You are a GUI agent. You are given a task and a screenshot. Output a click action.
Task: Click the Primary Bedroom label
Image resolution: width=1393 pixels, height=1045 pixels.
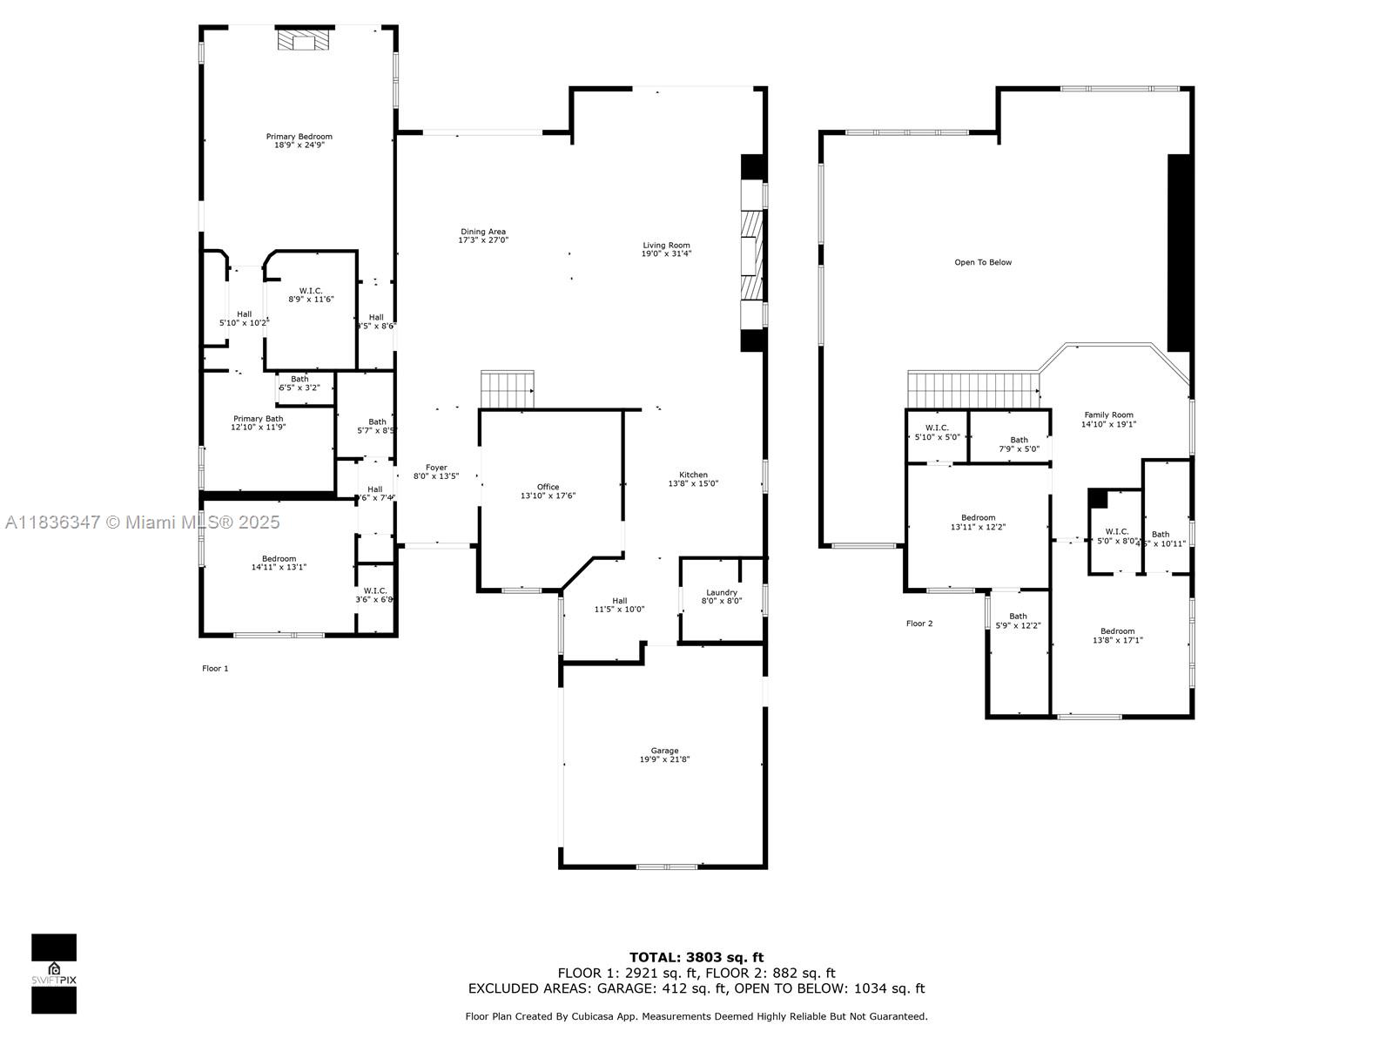point(299,137)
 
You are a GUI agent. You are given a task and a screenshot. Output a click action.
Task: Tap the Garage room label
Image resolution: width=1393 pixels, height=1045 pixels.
point(664,751)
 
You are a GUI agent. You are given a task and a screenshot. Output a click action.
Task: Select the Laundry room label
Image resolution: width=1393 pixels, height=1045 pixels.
point(722,593)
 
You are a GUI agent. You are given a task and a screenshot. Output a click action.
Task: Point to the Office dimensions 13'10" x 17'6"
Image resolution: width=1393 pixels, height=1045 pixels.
point(548,496)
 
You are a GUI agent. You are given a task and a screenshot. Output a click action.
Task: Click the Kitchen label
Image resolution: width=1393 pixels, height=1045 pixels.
point(693,475)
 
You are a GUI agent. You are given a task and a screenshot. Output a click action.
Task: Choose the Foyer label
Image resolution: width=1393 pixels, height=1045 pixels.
point(435,468)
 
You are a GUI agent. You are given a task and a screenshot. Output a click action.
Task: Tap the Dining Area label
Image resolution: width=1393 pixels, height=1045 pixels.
point(483,232)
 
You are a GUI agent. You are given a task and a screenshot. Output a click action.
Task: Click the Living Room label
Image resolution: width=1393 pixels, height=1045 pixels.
point(666,246)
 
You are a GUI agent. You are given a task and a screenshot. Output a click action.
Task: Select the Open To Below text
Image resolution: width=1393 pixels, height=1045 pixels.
point(983,262)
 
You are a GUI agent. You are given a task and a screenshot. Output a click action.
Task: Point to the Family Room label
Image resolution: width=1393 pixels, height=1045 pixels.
point(1108,415)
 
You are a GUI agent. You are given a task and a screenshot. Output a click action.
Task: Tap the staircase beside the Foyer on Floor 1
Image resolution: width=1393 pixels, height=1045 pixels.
point(508,389)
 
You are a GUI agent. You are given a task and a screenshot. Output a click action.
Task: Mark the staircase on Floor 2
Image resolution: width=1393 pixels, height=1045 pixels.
point(973,389)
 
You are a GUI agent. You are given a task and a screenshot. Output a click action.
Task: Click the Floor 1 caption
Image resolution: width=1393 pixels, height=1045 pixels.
point(215,669)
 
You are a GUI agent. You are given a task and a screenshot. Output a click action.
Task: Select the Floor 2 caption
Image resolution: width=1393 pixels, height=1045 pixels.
point(919,624)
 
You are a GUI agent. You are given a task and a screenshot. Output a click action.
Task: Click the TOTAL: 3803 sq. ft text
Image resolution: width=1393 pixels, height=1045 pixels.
point(696,957)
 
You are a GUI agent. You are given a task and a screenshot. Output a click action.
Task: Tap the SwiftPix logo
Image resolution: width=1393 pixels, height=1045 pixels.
point(54,974)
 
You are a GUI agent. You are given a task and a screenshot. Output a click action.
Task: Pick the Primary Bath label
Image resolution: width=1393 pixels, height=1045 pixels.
point(258,419)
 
